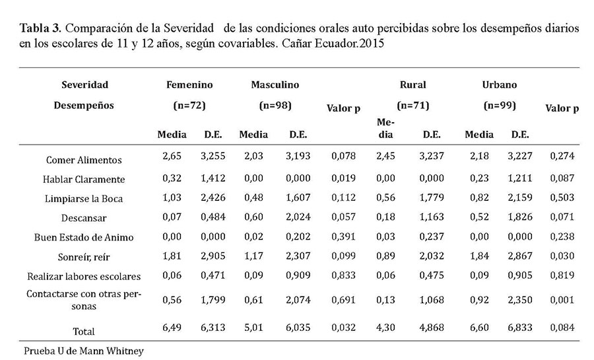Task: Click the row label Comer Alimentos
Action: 84,160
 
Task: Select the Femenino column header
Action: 189,85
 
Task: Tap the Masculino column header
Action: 275,85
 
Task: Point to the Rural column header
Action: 412,85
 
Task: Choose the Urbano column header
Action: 500,85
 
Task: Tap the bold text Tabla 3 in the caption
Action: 41,29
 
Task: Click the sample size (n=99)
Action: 500,104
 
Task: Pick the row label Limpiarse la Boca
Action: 84,198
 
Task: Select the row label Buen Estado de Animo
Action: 84,236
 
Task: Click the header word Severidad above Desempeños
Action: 84,85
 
